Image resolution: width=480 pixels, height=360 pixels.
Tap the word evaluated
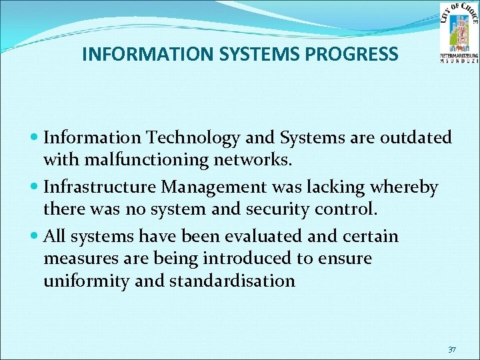(260, 237)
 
